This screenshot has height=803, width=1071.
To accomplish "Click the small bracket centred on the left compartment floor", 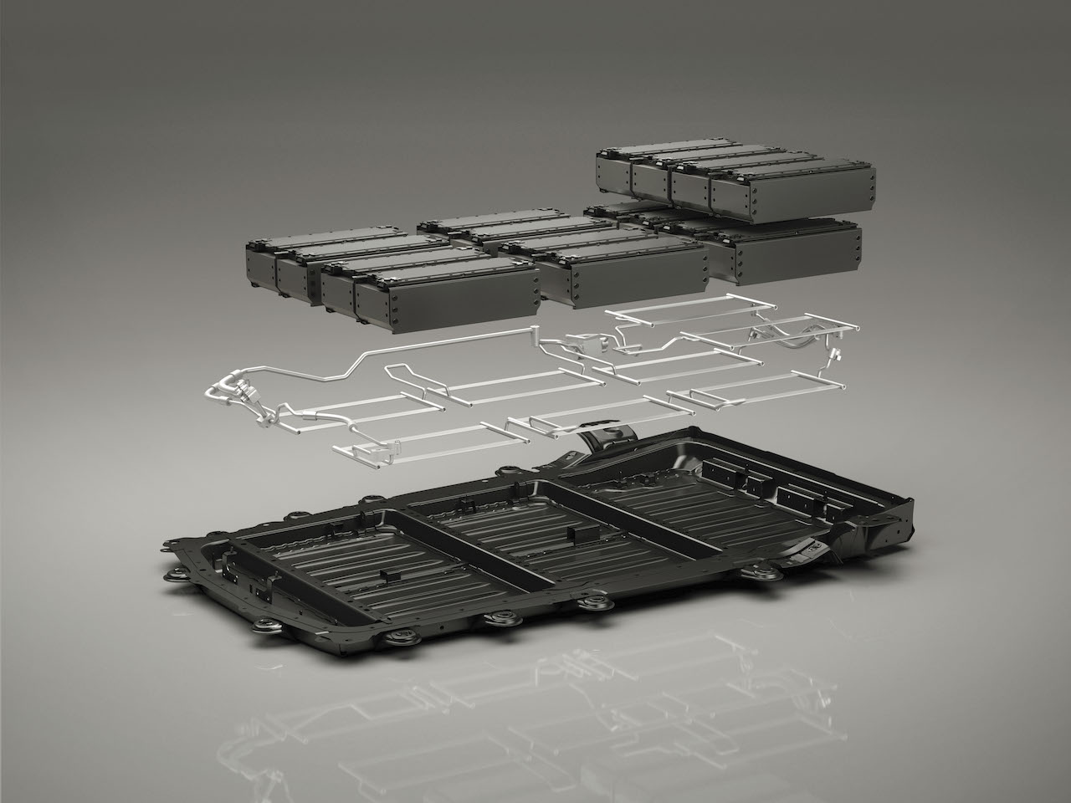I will point(387,575).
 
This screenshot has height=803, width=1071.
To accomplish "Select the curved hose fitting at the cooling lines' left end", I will point(230,394).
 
